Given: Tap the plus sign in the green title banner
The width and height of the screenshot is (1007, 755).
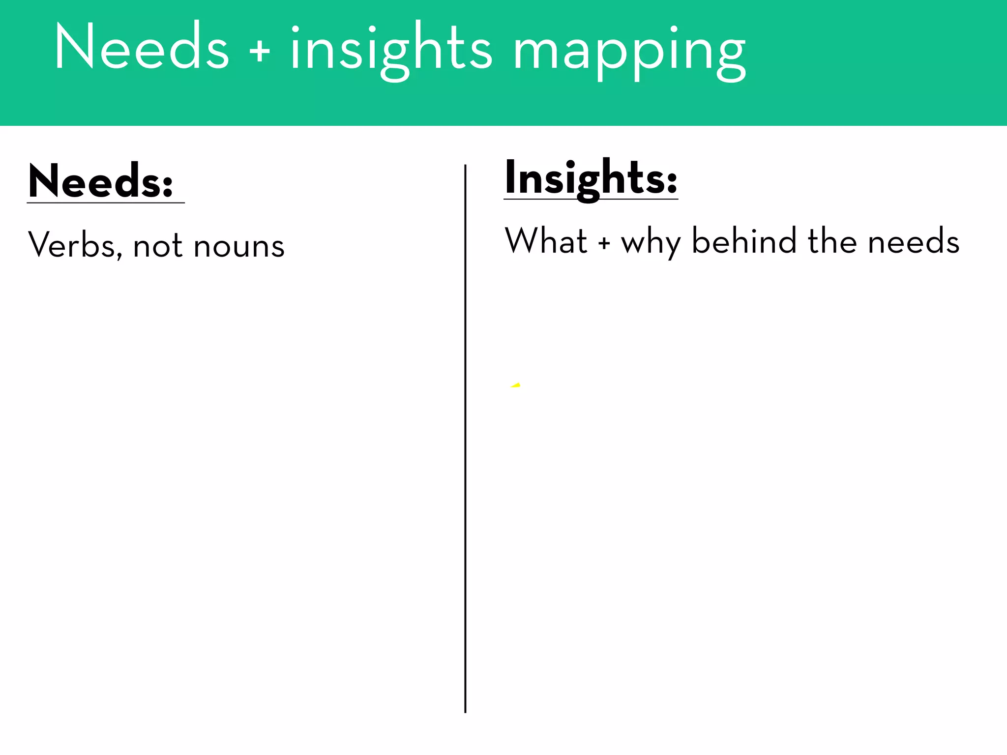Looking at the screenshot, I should coord(260,51).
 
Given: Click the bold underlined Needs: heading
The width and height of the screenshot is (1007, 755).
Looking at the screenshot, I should coord(101,181).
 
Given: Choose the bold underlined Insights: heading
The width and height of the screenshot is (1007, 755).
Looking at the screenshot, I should coord(591,178).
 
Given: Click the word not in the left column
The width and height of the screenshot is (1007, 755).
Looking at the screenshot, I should coord(157,246).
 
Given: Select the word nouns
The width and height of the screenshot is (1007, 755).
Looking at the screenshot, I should coord(239,246).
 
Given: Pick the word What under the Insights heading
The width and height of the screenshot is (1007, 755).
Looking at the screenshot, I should coord(546,240).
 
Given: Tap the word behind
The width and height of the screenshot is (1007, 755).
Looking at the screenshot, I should coord(743,240).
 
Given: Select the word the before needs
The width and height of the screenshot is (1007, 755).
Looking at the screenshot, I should coord(832,240).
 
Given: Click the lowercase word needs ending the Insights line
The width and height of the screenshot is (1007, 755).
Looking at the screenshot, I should coord(913,242).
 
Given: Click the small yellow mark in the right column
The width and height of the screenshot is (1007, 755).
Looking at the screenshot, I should coord(516,385).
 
